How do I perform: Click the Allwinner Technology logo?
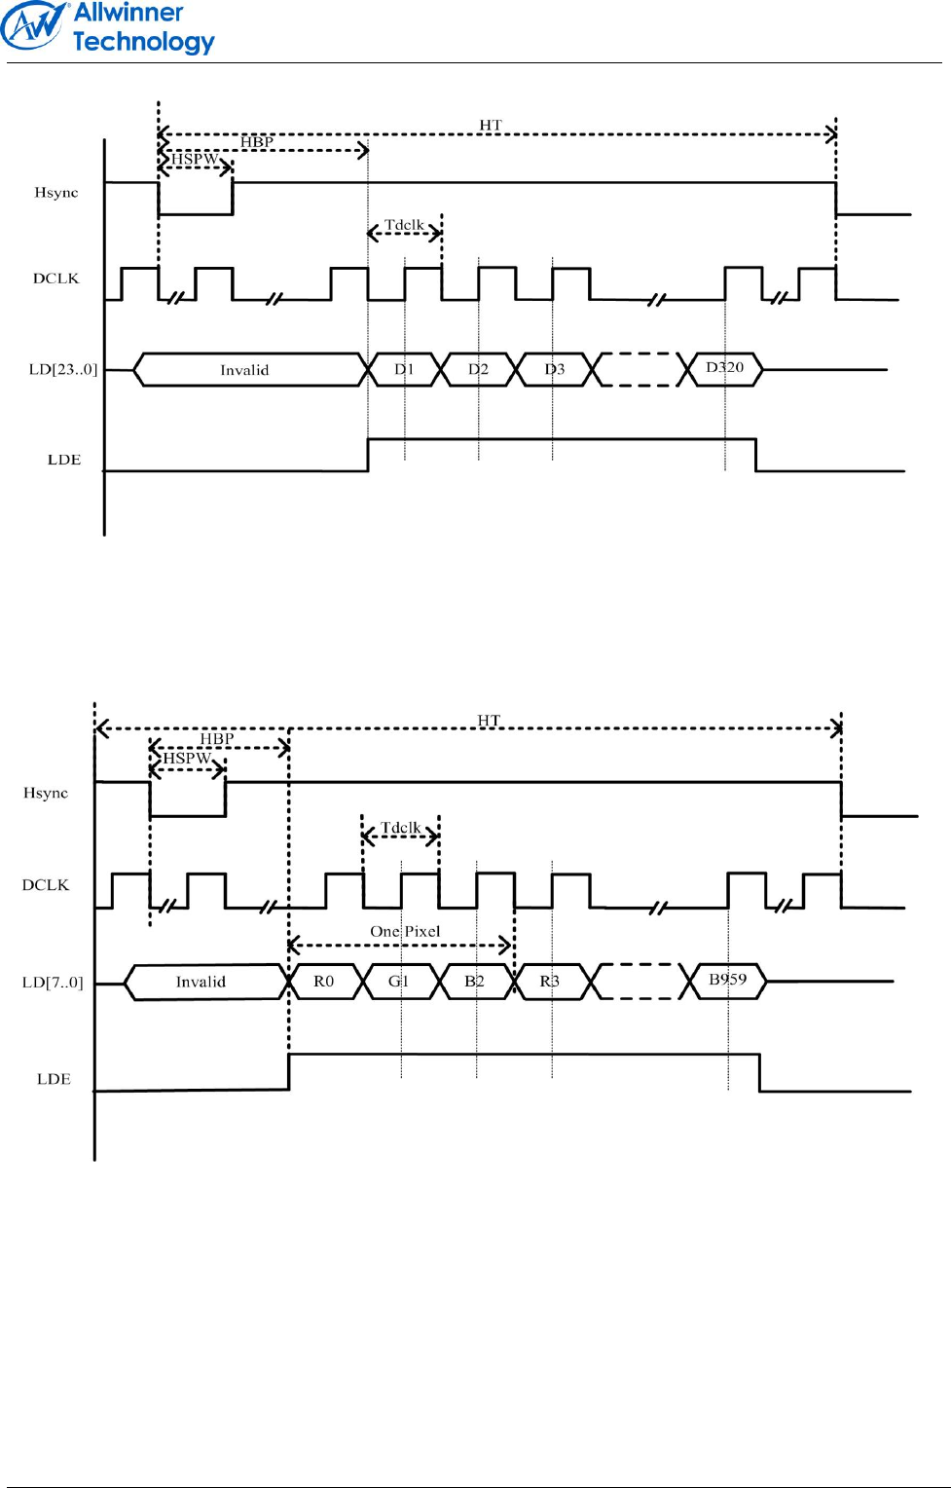(x=107, y=27)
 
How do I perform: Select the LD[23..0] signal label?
(x=63, y=370)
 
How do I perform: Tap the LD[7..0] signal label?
(x=53, y=983)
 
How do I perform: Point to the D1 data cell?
(x=404, y=370)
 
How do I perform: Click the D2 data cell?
(x=478, y=370)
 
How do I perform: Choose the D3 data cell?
(x=554, y=370)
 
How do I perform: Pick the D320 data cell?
(x=725, y=368)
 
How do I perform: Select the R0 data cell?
(x=324, y=982)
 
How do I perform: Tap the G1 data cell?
(x=399, y=982)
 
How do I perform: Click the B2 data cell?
(x=475, y=982)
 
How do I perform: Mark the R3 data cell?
(x=550, y=982)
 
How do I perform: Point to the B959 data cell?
(x=728, y=980)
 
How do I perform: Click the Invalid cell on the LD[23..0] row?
(x=244, y=370)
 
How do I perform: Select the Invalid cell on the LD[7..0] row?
(x=201, y=982)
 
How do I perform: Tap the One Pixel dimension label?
(x=405, y=932)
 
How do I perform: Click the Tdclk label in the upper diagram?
(x=404, y=225)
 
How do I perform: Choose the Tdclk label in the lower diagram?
(x=400, y=828)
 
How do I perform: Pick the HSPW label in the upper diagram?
(x=195, y=159)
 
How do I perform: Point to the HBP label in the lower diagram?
(x=217, y=739)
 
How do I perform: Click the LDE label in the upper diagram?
(x=64, y=460)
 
